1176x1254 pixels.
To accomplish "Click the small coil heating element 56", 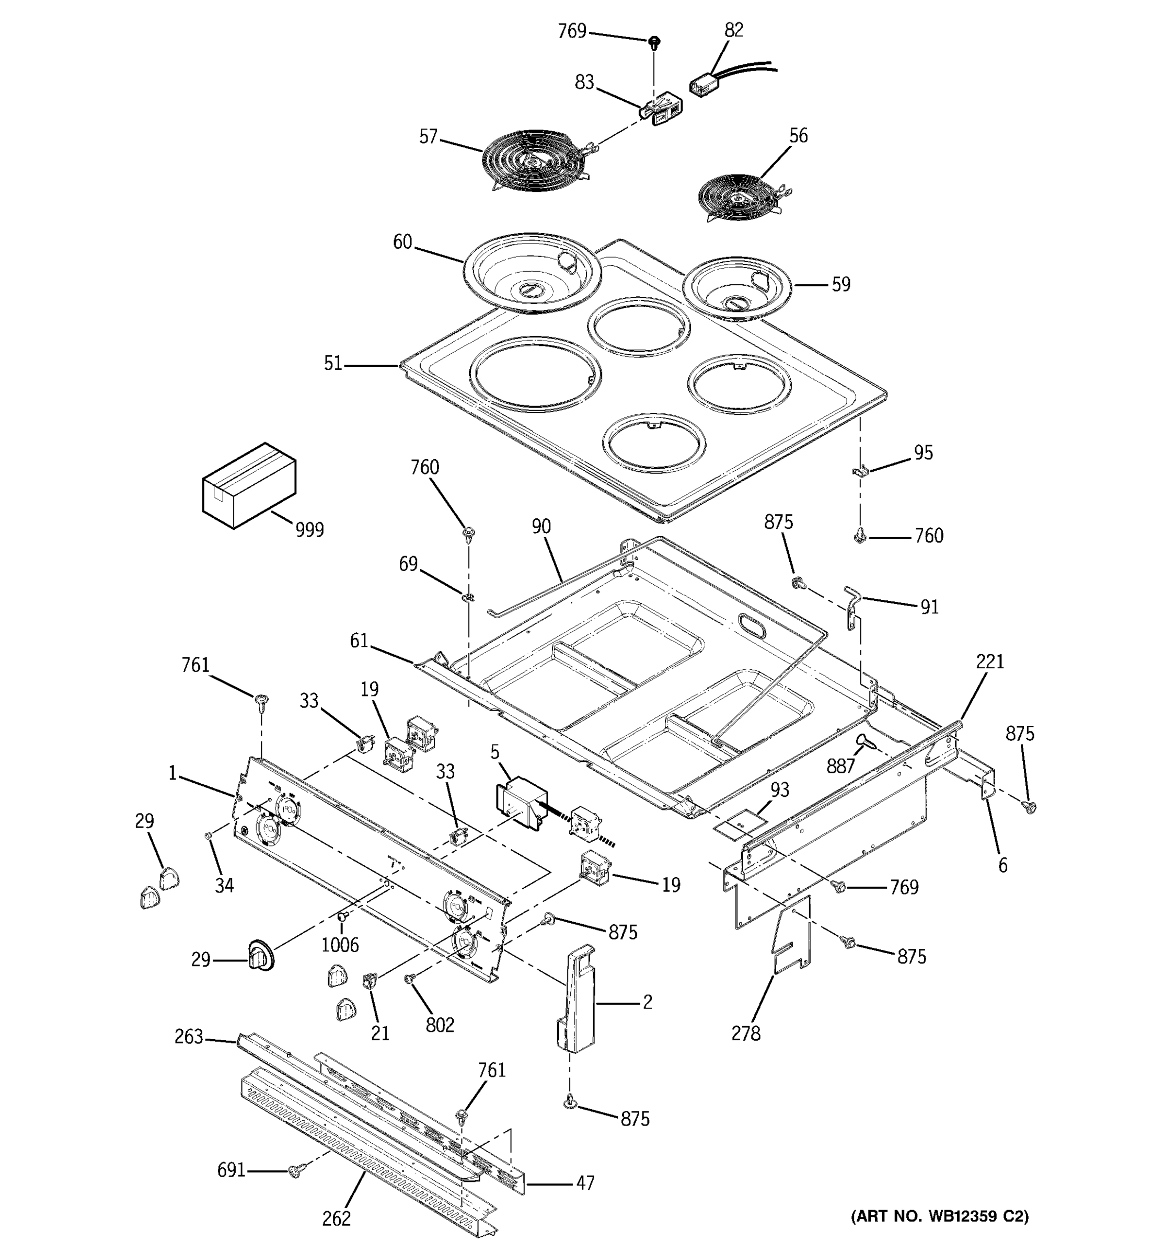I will (x=738, y=198).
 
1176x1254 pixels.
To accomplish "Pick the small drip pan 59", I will (x=736, y=288).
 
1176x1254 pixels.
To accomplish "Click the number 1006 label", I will (x=340, y=944).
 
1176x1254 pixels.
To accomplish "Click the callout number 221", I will (x=989, y=661).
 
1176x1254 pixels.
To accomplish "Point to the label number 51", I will (x=332, y=363).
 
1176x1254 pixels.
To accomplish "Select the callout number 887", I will (x=840, y=766).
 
